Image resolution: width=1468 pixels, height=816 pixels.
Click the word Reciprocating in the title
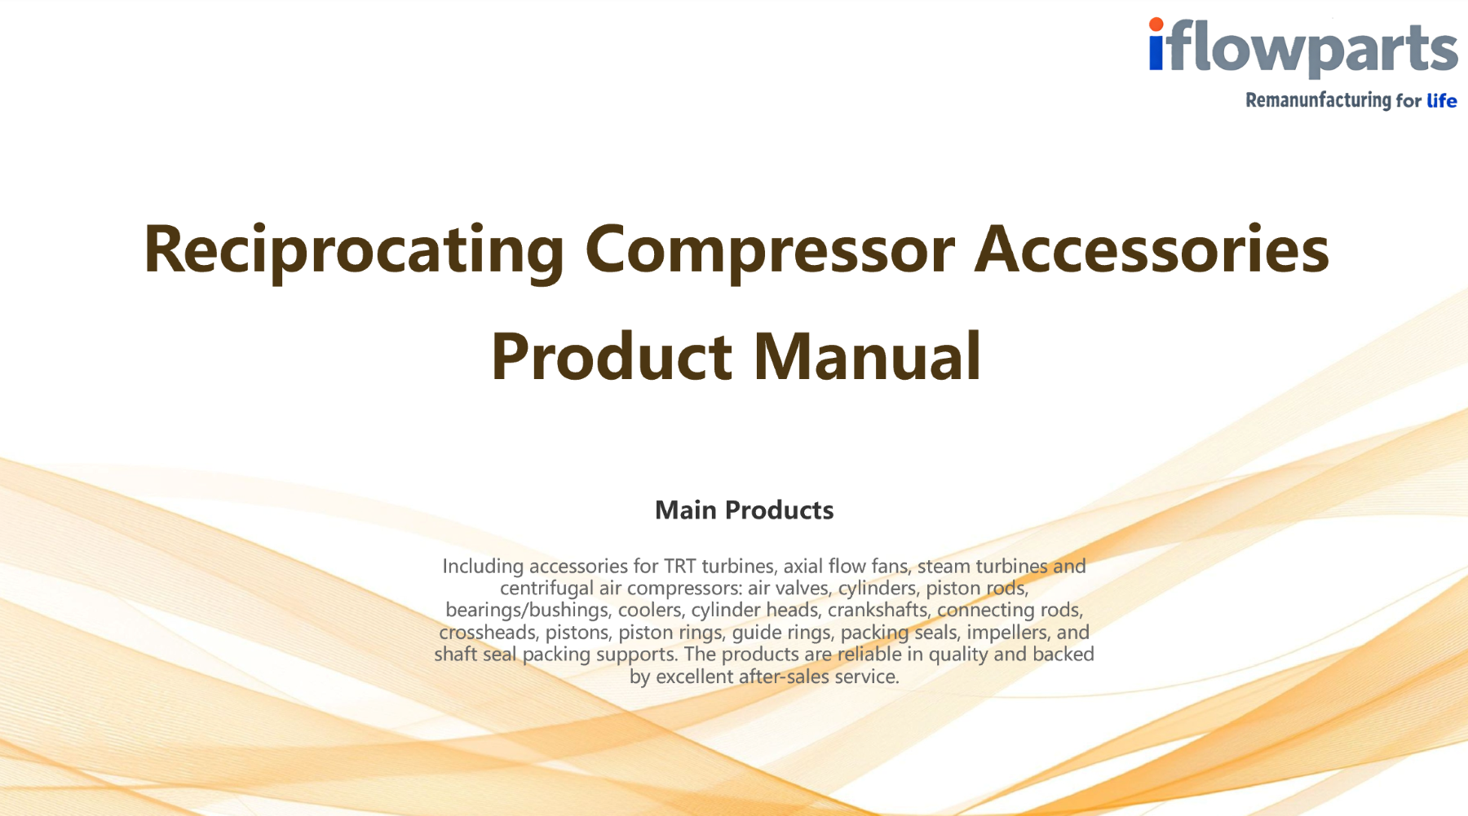pyautogui.click(x=354, y=250)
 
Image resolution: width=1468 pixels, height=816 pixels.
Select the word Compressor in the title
pyautogui.click(x=769, y=250)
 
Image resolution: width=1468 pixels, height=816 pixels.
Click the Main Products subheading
pyautogui.click(x=744, y=510)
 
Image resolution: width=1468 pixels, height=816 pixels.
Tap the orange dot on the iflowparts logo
pyautogui.click(x=1156, y=25)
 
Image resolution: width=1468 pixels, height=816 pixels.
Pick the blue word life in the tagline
pyautogui.click(x=1441, y=100)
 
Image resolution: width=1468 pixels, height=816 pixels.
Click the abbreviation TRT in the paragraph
pyautogui.click(x=679, y=566)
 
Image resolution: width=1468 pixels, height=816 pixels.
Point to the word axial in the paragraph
pyautogui.click(x=803, y=566)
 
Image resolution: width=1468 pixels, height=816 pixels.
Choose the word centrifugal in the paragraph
pyautogui.click(x=546, y=588)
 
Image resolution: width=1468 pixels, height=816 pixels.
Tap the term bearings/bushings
pyautogui.click(x=527, y=610)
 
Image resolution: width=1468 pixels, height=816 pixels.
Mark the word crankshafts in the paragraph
pyautogui.click(x=878, y=610)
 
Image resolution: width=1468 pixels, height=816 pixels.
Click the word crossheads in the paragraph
pyautogui.click(x=488, y=632)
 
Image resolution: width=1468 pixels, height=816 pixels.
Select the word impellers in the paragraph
pyautogui.click(x=1007, y=632)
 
